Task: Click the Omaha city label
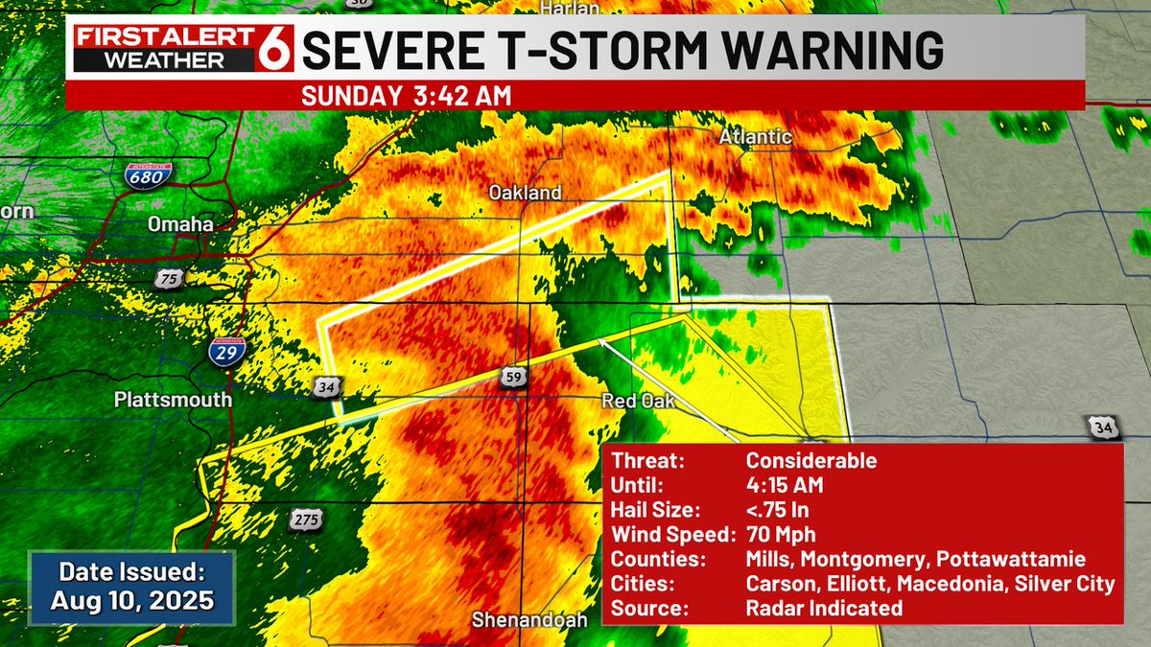click(x=180, y=223)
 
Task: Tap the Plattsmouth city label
click(x=173, y=399)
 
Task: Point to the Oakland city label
click(x=525, y=193)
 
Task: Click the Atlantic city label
click(x=756, y=138)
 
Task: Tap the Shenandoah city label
click(x=529, y=620)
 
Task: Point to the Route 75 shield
click(x=169, y=277)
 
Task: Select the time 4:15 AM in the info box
click(x=785, y=484)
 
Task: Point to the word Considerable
click(x=810, y=460)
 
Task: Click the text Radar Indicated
click(x=824, y=608)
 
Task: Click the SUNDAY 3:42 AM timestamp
click(x=406, y=96)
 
